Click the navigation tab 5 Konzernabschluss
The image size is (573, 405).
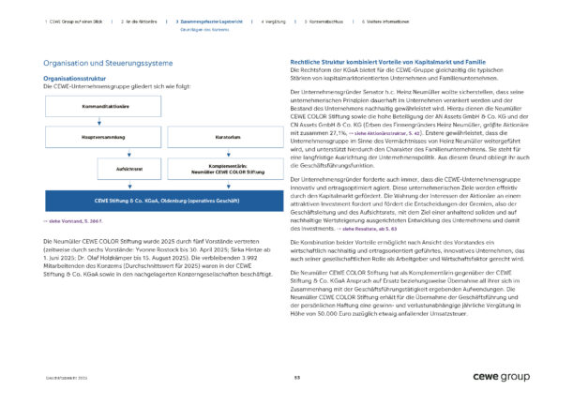tap(327, 20)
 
